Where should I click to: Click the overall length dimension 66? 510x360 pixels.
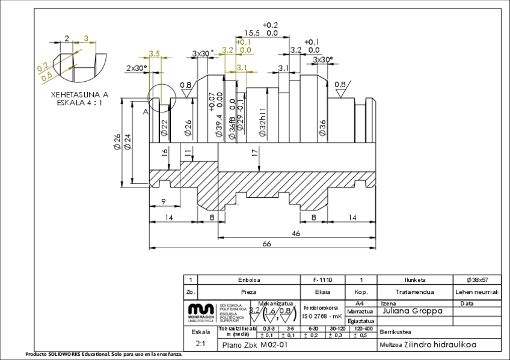266,243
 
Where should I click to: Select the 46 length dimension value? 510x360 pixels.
296,233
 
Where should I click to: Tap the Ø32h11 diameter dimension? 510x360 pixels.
262,123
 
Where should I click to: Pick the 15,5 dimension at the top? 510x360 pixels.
252,34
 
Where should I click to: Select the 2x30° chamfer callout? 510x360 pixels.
137,68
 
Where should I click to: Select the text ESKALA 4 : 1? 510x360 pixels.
75,102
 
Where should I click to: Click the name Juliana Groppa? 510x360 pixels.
412,311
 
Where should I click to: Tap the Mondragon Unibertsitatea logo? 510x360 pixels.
201,312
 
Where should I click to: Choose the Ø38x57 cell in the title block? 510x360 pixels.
477,280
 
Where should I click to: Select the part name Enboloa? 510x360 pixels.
249,280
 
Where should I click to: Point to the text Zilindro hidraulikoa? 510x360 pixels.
440,345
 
